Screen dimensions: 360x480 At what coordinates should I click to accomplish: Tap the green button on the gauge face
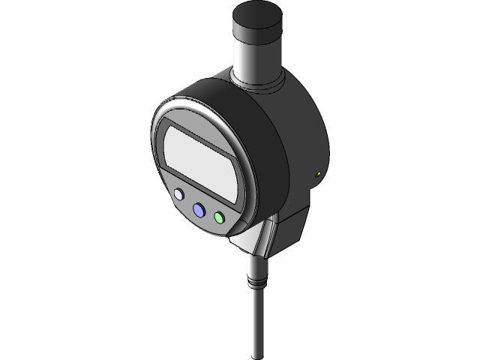click(219, 217)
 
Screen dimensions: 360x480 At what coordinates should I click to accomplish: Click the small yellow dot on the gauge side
click(319, 175)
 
